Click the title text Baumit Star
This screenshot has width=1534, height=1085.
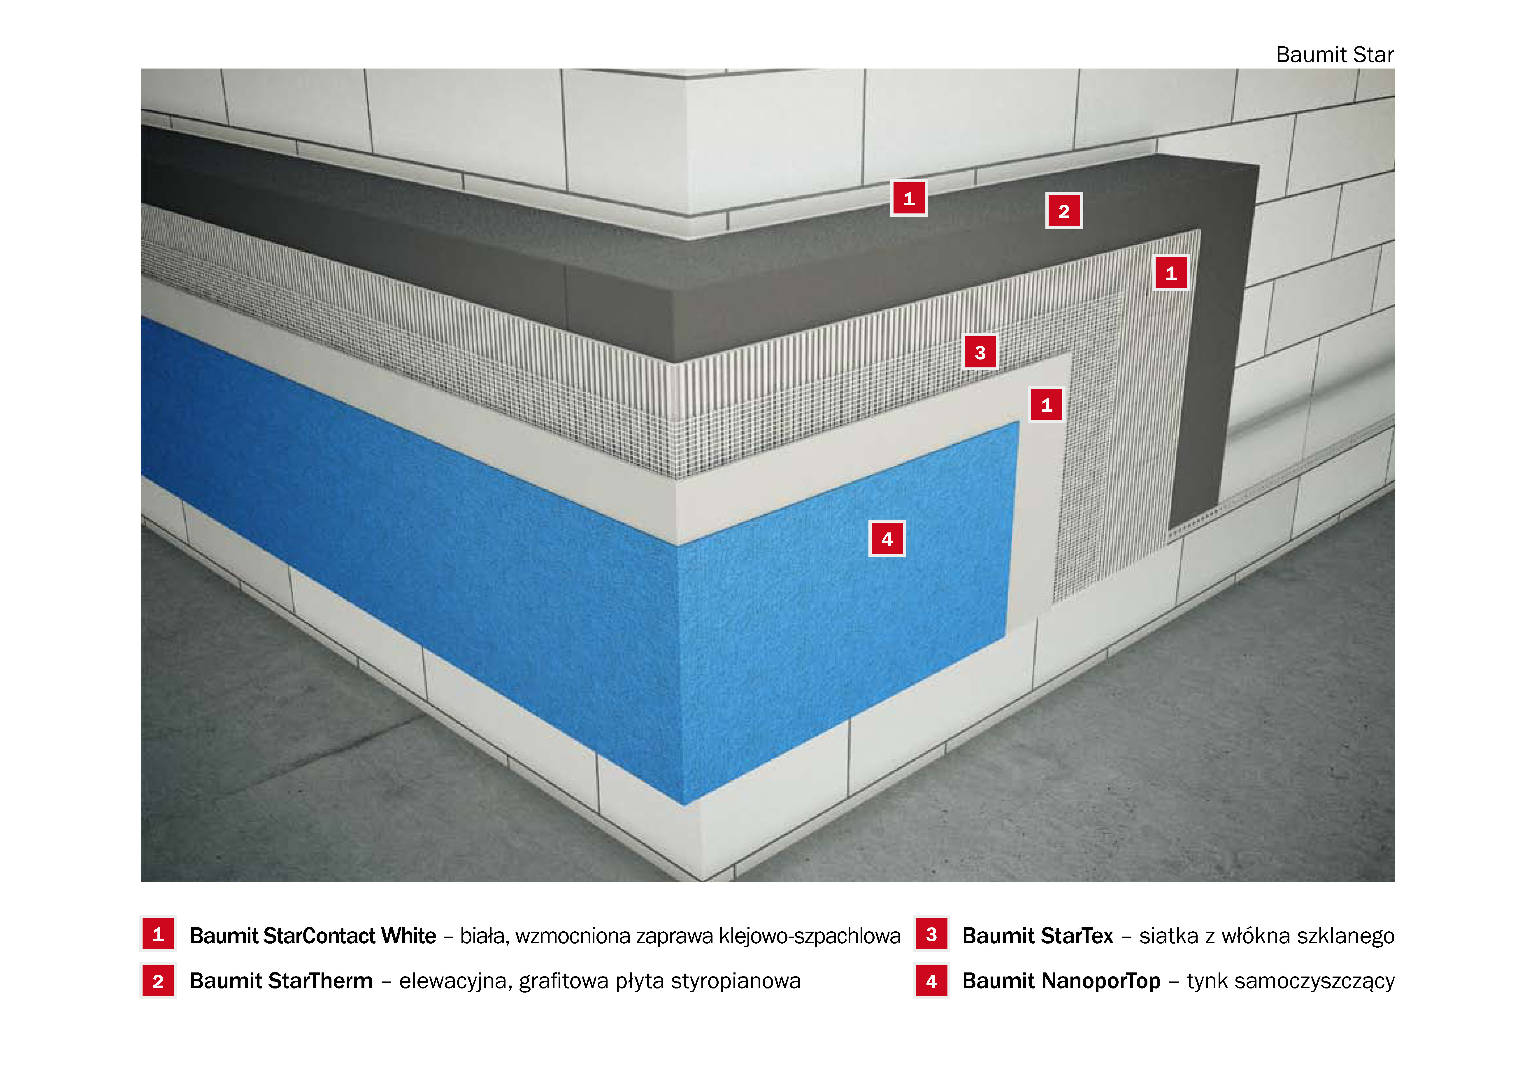[x=1334, y=55]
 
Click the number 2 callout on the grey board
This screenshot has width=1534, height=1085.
[x=1064, y=211]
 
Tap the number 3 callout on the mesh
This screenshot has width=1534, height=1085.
[x=980, y=352]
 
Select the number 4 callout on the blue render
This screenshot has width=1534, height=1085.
[x=887, y=539]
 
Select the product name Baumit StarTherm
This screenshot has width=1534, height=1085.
[x=281, y=981]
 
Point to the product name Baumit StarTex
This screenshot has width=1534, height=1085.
[x=1038, y=935]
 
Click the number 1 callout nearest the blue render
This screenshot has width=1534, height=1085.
[x=1046, y=404]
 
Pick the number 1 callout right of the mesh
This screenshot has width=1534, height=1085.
[x=1170, y=273]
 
